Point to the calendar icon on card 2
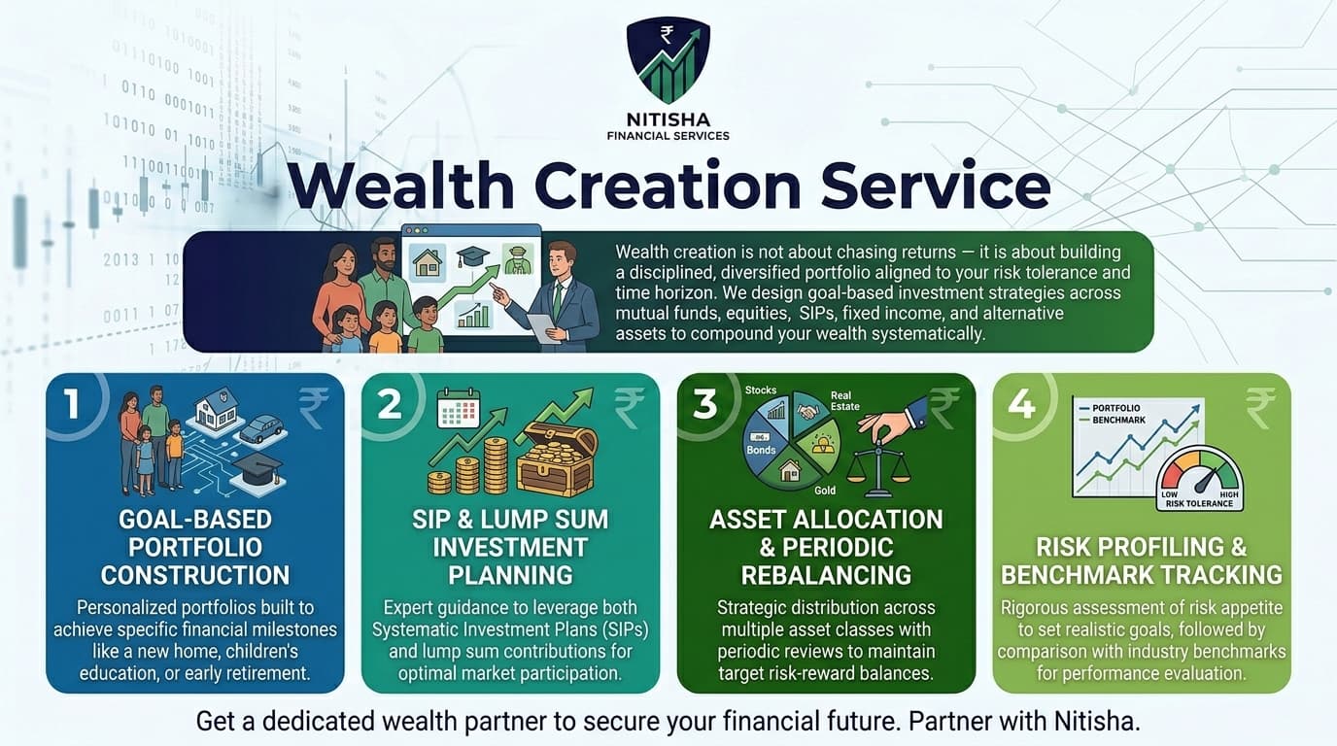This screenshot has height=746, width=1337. [459, 409]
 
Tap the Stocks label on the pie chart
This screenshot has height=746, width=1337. [760, 390]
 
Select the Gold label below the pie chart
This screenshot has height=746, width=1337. [825, 491]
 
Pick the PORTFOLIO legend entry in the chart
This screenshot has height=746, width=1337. [1118, 408]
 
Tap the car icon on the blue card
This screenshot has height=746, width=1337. [260, 427]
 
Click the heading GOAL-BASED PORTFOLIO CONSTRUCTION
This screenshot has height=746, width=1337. [194, 546]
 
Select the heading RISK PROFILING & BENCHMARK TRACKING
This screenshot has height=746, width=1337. [1142, 560]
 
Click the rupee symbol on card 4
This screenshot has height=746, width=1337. [1260, 407]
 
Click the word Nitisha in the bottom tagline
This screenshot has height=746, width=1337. [1092, 722]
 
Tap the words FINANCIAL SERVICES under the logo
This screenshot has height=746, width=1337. [668, 136]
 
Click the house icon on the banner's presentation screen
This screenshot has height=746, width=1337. [428, 262]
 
